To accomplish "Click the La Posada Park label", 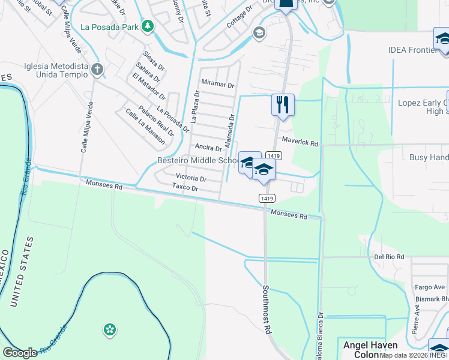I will coord(109,27).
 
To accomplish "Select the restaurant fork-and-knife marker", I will coord(282,105).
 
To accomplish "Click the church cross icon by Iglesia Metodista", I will coord(97,70).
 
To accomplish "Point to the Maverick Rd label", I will coord(300,143).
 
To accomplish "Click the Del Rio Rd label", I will coord(389,257).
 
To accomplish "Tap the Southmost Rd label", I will coord(267,308).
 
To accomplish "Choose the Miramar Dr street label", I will coord(218,85).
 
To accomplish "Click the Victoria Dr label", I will coord(191,178).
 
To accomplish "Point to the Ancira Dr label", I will coord(208,148).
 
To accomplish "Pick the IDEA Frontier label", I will coord(413,50).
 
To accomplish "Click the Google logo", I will coord(20,353).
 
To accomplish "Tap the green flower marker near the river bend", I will coord(109,329).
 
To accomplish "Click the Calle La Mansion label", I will coord(145,126).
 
